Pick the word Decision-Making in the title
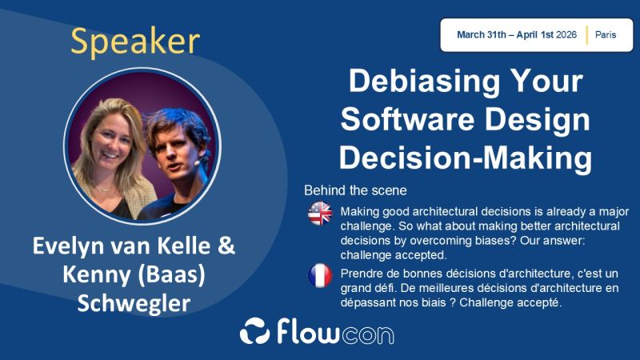tap(465, 157)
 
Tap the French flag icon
tap(320, 275)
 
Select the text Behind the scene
tap(355, 191)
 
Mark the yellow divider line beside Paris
tap(587, 35)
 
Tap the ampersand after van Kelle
tap(226, 246)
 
